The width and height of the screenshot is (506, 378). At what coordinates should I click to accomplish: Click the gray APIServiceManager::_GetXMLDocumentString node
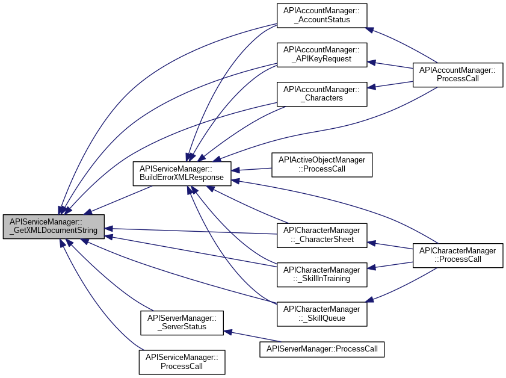tap(54, 226)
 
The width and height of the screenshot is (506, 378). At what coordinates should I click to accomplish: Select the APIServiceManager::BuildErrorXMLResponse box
tap(182, 174)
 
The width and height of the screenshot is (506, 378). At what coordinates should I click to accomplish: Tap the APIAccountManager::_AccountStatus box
tap(322, 16)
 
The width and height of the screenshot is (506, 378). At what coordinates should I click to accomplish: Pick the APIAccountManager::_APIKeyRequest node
tap(322, 55)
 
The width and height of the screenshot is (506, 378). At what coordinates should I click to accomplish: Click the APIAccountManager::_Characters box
tap(322, 94)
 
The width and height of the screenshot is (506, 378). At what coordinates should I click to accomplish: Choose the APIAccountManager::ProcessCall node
tap(458, 75)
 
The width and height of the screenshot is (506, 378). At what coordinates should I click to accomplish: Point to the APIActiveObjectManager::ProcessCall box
tap(322, 165)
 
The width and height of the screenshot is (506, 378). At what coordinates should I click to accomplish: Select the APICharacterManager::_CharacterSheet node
tap(322, 235)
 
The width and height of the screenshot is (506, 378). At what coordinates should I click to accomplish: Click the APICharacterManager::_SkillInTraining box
tap(322, 275)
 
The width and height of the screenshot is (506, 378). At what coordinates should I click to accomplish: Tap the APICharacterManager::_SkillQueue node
tap(322, 314)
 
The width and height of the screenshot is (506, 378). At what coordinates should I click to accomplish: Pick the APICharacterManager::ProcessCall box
tap(458, 255)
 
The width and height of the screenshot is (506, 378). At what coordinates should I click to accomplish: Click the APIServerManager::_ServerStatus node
tap(182, 323)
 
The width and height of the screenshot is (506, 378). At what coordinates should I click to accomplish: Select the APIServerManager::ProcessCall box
tap(322, 349)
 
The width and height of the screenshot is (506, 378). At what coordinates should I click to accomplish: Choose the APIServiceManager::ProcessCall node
tap(182, 362)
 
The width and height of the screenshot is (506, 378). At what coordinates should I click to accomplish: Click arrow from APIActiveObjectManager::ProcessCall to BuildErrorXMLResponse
tap(251, 170)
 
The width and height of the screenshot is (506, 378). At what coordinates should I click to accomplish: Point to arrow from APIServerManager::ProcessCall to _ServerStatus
tap(252, 336)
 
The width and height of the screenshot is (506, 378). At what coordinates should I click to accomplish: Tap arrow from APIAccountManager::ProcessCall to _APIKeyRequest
tap(390, 65)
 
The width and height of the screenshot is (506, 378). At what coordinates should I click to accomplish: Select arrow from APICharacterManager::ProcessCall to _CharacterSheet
tap(390, 246)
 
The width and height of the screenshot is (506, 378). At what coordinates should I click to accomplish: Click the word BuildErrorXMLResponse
tap(182, 178)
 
